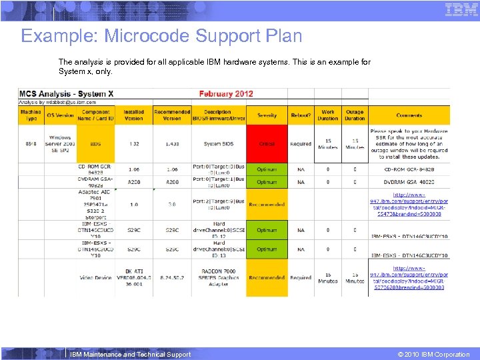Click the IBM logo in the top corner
coord(461,9)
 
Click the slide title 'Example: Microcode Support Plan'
coord(161,36)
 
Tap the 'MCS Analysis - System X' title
coord(66,94)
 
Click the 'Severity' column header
coord(267,115)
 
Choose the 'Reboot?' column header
coord(301,115)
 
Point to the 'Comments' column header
coord(409,115)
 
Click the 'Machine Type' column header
coord(31,115)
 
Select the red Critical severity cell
coord(267,144)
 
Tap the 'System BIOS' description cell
coord(219,144)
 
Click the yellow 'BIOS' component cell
coord(95,144)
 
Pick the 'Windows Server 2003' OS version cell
coord(60,144)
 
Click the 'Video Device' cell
coord(95,277)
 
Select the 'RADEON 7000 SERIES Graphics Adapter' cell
coord(219,277)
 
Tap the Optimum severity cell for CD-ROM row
coord(267,169)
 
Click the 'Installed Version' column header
coord(134,115)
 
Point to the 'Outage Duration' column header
coord(355,115)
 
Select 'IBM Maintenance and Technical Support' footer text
coord(130,355)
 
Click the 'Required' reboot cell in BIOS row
coord(301,144)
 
